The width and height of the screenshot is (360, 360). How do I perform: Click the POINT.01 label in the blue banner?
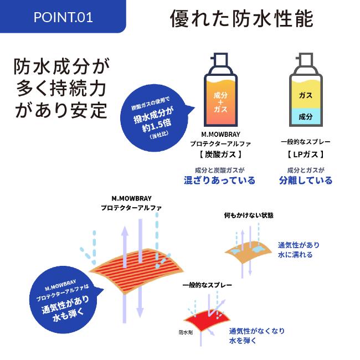click(x=63, y=17)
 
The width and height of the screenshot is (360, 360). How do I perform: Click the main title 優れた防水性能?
click(x=242, y=18)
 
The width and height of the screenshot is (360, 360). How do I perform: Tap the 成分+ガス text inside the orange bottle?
click(x=220, y=102)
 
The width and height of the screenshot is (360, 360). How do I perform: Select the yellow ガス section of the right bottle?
click(x=306, y=95)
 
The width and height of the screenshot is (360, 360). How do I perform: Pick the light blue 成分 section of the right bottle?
click(x=306, y=116)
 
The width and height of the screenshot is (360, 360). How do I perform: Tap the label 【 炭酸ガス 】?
click(x=220, y=155)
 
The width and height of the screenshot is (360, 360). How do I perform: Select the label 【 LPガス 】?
click(x=306, y=155)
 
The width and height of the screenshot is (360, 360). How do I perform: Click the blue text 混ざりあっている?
click(x=219, y=180)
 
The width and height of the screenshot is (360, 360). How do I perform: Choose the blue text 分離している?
click(x=306, y=180)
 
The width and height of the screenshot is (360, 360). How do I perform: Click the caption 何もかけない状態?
click(x=249, y=215)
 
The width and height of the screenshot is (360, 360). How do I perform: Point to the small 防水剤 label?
click(x=186, y=332)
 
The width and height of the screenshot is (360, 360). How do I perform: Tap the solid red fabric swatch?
click(x=207, y=320)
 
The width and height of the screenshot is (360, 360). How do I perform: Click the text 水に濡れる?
click(x=295, y=255)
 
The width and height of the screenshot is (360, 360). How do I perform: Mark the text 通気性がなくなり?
click(x=257, y=331)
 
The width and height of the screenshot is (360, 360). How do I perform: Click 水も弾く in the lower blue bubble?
click(x=68, y=315)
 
